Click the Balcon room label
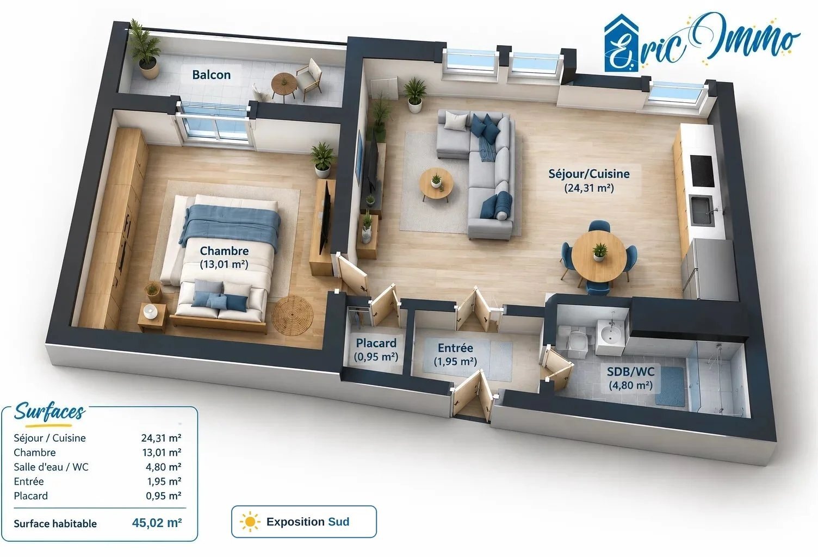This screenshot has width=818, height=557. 212,75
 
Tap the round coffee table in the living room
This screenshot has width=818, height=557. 436,183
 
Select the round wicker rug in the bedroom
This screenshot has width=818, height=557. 292,315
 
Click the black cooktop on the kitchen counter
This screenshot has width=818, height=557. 702,171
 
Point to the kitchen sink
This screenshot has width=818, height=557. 702,211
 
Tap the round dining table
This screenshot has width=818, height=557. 599,256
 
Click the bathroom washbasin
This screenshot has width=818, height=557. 611,335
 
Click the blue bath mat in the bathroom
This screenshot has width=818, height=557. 670,386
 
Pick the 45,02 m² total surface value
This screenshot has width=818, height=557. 157,523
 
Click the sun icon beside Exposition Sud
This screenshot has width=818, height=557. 250,522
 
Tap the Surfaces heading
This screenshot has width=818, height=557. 50,412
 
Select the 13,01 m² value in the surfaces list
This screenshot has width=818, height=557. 162,453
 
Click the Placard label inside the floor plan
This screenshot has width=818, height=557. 376,343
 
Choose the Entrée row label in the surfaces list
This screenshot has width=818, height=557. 29,481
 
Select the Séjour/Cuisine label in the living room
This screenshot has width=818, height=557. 589,174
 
